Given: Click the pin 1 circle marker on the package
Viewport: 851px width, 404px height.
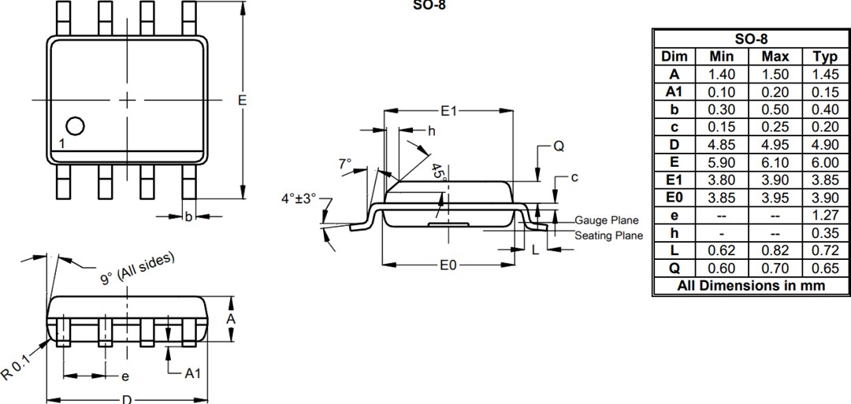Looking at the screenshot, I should tap(75, 126).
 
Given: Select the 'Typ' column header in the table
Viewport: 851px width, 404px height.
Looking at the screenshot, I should tap(825, 56).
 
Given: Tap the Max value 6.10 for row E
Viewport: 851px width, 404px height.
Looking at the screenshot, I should tap(775, 162).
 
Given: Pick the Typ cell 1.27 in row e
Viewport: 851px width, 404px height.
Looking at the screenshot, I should tap(825, 216).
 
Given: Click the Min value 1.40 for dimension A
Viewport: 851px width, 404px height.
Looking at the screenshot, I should tap(721, 74).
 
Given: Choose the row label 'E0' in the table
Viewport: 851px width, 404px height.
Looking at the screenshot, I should tap(674, 198).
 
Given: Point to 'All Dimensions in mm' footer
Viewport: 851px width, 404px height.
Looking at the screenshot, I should tap(751, 286).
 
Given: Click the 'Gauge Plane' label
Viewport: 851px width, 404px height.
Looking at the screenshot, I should tap(606, 221).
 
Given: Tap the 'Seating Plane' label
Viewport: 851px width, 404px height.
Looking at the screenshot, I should tap(608, 235).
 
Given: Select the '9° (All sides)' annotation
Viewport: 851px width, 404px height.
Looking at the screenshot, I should tap(137, 269).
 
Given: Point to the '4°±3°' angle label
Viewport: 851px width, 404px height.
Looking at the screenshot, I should tap(298, 198).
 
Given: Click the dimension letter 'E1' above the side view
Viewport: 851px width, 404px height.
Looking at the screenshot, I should tap(448, 112).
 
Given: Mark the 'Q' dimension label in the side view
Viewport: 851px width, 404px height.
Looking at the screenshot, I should tap(559, 146).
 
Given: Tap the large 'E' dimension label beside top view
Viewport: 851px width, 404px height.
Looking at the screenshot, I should tap(242, 100).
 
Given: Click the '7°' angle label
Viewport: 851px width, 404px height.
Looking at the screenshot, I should tap(345, 164).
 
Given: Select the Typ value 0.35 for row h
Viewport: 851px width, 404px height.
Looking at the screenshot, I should tap(825, 233).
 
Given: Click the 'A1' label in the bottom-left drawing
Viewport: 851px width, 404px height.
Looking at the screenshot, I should tap(192, 373).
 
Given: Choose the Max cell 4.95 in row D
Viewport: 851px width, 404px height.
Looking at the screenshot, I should tap(775, 145).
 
